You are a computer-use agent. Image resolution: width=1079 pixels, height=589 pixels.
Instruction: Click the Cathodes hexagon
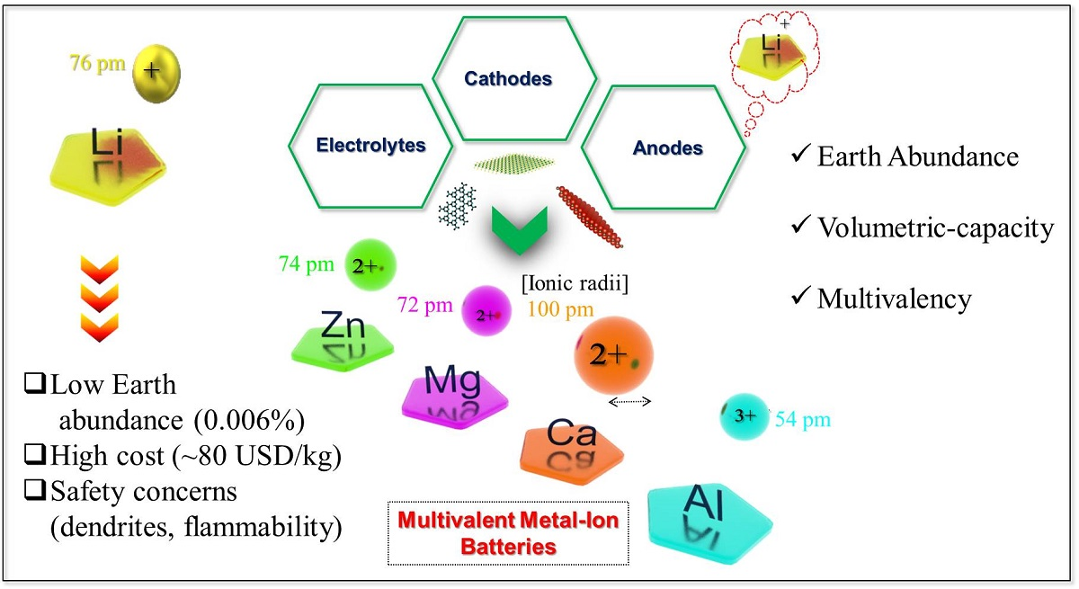point(514,80)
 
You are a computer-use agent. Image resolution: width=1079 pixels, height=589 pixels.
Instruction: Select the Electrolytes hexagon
point(370,144)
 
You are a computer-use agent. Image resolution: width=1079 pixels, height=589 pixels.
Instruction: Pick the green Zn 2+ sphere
point(370,263)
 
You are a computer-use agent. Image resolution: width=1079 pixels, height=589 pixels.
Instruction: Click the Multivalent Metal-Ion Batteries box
point(508,532)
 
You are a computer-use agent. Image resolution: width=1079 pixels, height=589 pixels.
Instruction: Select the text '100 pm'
point(560,310)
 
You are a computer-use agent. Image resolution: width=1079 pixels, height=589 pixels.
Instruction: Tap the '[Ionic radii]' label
point(575,285)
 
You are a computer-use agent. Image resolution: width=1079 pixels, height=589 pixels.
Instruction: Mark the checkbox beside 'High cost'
point(34,457)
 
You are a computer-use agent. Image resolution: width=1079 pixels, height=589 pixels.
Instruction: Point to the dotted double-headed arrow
point(630,402)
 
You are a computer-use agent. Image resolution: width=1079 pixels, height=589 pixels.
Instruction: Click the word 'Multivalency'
point(894,299)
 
